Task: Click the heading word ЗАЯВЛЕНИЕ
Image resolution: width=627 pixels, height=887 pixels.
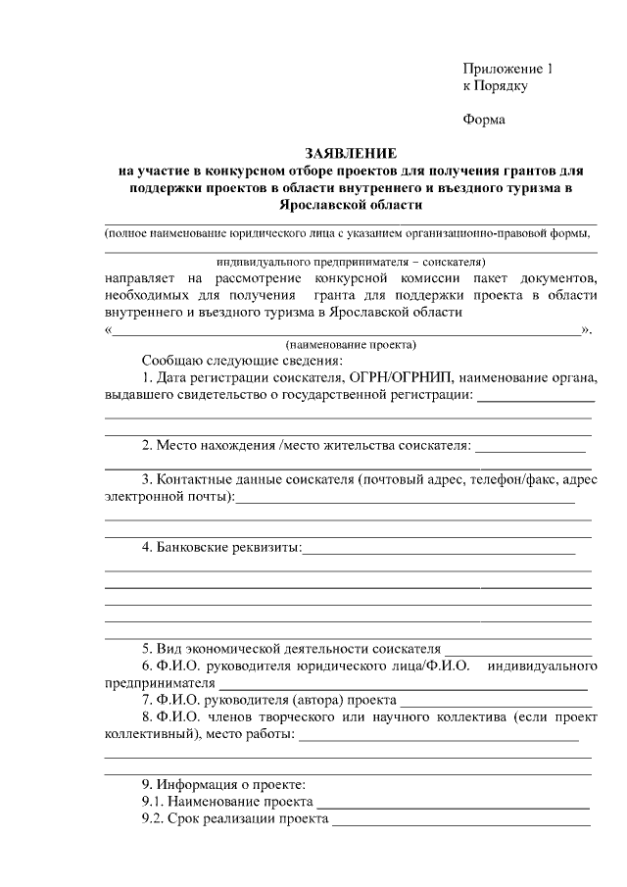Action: pos(351,154)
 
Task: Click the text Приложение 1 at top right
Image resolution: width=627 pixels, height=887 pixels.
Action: pos(508,69)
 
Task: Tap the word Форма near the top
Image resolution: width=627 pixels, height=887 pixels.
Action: pos(484,121)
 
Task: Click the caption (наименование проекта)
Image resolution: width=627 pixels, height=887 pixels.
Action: pos(351,345)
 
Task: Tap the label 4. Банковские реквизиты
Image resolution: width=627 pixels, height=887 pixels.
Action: pos(220,547)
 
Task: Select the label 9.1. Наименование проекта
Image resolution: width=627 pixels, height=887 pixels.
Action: pos(220,802)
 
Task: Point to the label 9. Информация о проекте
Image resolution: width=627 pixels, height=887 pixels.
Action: pos(223,785)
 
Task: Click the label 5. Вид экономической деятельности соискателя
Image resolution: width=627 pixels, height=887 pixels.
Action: pos(291,649)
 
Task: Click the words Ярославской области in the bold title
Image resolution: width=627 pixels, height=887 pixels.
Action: pos(351,206)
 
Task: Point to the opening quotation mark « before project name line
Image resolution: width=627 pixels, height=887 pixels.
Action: pos(108,329)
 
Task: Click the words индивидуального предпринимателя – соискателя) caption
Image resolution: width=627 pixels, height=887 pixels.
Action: pos(351,262)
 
